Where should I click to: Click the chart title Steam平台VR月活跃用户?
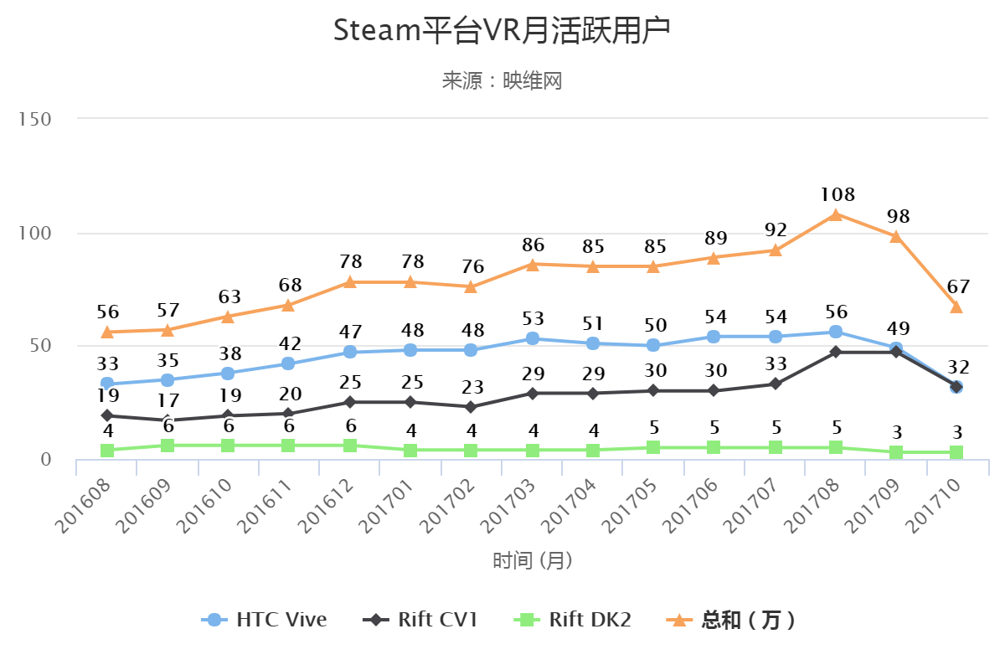(x=502, y=31)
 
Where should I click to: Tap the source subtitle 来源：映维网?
(x=502, y=81)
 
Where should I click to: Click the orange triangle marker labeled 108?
(x=836, y=214)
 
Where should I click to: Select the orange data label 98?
(x=896, y=217)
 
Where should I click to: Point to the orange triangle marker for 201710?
(x=956, y=307)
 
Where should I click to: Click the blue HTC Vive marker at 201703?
(x=532, y=338)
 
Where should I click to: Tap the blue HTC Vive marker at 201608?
(x=107, y=384)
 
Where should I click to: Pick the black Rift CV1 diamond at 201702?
(x=471, y=407)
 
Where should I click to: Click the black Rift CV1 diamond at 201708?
(x=836, y=352)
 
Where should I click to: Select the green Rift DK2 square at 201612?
(x=350, y=446)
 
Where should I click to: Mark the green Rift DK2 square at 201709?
(x=896, y=452)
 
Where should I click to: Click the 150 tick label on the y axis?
(x=35, y=120)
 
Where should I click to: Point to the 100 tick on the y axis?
(x=35, y=234)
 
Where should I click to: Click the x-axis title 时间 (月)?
(x=533, y=560)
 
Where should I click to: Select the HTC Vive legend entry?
(x=265, y=620)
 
